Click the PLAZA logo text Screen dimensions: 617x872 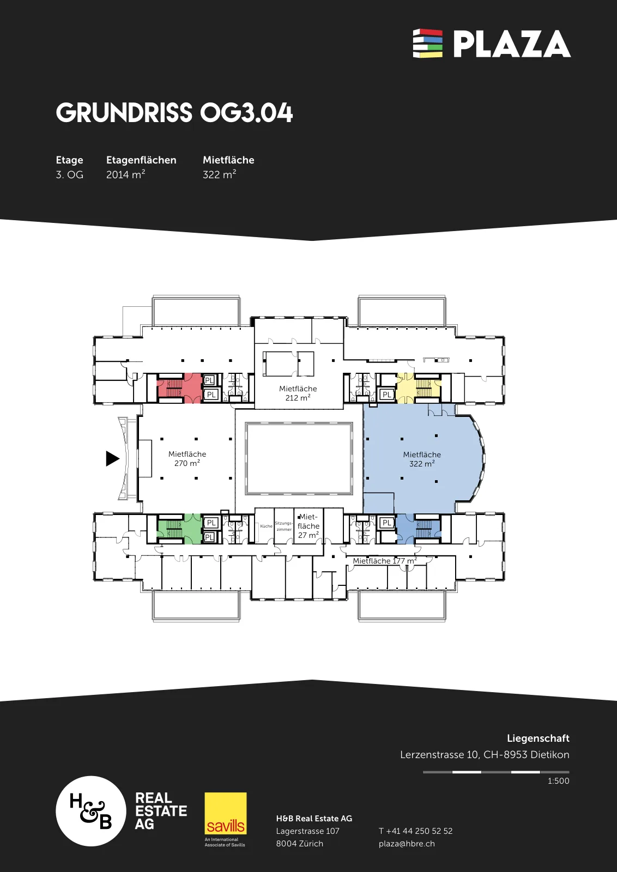[x=512, y=44]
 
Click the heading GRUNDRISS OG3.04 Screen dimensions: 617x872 [x=174, y=113]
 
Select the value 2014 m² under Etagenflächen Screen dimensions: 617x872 [x=125, y=174]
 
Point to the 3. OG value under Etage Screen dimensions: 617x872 [x=69, y=175]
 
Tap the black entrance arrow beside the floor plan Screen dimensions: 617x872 [x=112, y=458]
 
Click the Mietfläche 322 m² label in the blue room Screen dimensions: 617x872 [x=422, y=459]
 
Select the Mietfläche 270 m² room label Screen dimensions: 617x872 [x=187, y=458]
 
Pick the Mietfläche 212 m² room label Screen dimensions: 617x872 [x=298, y=393]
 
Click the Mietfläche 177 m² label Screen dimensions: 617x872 [x=385, y=561]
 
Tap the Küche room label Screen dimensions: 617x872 [x=267, y=526]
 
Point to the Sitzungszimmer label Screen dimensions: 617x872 [x=284, y=526]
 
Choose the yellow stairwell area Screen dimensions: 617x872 [x=418, y=387]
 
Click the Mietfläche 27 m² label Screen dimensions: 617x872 [x=308, y=526]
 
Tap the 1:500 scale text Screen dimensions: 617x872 [x=558, y=781]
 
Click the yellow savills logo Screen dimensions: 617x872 [x=226, y=813]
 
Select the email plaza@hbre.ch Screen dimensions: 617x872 [x=407, y=844]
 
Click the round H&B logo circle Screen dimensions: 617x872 [x=91, y=811]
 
